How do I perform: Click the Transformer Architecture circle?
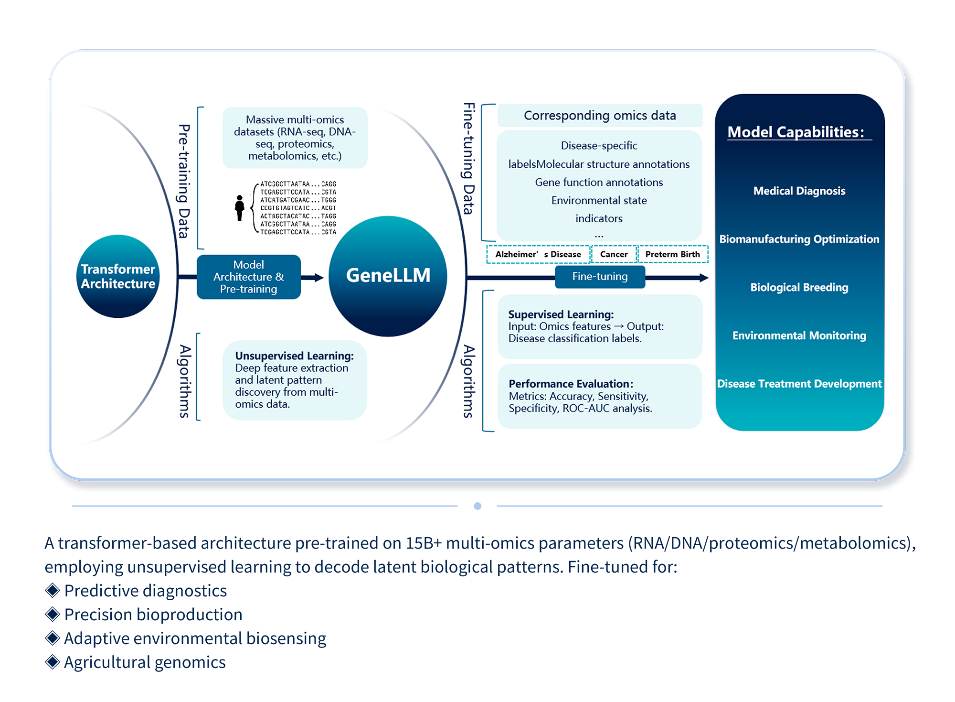click(x=118, y=276)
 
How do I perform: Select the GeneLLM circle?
click(x=388, y=276)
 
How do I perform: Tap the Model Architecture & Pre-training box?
click(x=248, y=277)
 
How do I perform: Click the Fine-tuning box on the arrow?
click(x=600, y=277)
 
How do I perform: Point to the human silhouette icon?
click(x=240, y=208)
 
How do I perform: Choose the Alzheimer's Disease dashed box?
click(x=538, y=254)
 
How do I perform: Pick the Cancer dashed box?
click(x=614, y=254)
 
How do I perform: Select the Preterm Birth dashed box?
click(x=672, y=254)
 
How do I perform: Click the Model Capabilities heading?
click(x=796, y=132)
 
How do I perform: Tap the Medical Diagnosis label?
click(x=799, y=191)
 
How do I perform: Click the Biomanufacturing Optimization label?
click(x=799, y=239)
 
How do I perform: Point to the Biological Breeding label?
click(x=799, y=287)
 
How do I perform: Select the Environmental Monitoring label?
click(x=799, y=335)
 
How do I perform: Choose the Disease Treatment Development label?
click(x=799, y=384)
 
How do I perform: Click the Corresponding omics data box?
click(x=600, y=116)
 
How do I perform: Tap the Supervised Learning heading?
click(x=561, y=314)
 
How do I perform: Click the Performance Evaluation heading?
click(x=571, y=384)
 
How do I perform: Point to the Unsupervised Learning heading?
click(x=294, y=356)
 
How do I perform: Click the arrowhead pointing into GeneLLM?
click(x=318, y=277)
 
